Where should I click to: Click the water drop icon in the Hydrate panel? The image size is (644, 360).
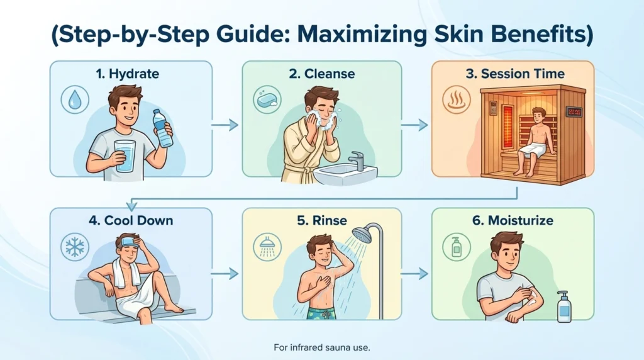click(x=75, y=100)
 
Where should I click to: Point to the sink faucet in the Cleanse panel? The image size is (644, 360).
click(x=356, y=160)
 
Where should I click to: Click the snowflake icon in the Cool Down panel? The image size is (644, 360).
click(x=75, y=247)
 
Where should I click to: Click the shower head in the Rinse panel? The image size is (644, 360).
click(x=362, y=235)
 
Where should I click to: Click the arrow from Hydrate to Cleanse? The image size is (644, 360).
click(x=225, y=125)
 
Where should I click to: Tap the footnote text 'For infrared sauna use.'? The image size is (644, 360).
click(x=321, y=347)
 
